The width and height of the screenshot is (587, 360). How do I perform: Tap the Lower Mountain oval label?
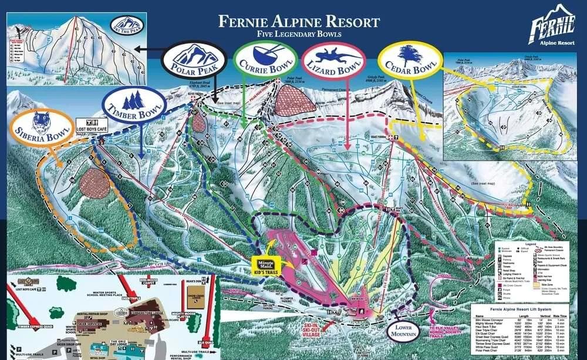click(x=403, y=331)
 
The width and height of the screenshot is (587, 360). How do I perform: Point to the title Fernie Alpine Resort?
click(x=299, y=22)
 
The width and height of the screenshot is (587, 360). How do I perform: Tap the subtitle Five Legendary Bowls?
click(x=299, y=35)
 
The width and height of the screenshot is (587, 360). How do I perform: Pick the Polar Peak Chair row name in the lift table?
click(x=487, y=351)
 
